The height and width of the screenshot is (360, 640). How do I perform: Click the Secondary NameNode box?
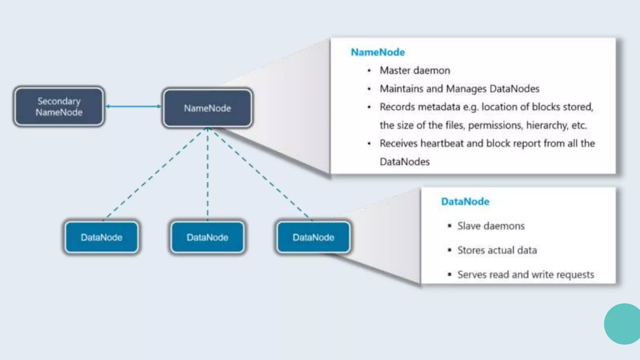(x=59, y=107)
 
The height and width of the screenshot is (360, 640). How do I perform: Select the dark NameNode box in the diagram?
(x=207, y=108)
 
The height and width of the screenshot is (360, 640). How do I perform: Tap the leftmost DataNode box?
(x=102, y=237)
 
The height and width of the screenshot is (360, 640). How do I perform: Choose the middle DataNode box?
(x=207, y=237)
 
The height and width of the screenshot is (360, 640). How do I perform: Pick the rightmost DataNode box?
(x=313, y=237)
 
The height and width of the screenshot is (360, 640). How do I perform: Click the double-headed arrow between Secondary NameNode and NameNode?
(x=133, y=106)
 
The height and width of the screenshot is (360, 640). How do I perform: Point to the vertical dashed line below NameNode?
(x=207, y=175)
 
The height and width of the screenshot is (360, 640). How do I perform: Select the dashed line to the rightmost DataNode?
(x=259, y=173)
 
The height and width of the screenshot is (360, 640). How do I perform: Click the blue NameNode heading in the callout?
(x=378, y=52)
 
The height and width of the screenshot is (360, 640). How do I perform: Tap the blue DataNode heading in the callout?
(x=465, y=202)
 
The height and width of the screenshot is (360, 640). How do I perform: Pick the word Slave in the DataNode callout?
(x=468, y=226)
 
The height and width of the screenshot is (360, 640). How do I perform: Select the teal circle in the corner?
(x=622, y=324)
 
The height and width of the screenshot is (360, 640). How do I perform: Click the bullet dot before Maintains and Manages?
(x=369, y=89)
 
